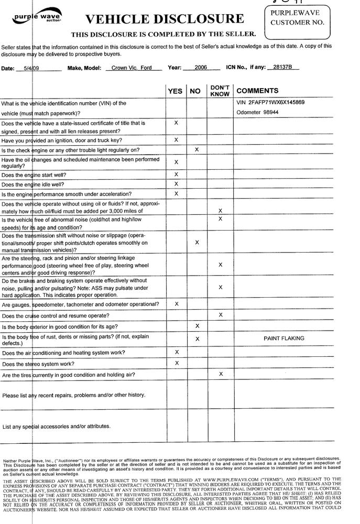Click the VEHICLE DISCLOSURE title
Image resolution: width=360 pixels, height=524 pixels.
pos(165,20)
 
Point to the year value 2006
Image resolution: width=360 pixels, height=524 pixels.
pos(201,68)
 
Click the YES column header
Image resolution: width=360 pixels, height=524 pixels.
pos(175,91)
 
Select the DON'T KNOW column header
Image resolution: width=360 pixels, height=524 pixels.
pos(220,91)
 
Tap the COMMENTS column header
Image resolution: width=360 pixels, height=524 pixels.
pos(257,91)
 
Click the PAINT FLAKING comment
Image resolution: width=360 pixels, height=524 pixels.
pos(284,339)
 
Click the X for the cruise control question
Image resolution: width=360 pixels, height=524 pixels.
pos(221,315)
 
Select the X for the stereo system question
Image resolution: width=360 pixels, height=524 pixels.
pos(176,363)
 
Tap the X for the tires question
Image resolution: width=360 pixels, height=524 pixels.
pos(221,374)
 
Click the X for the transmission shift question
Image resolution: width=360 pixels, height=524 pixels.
pos(197,243)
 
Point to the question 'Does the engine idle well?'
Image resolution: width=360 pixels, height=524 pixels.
pos(40,184)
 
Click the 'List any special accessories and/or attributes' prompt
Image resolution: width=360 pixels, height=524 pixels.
pos(57,427)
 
